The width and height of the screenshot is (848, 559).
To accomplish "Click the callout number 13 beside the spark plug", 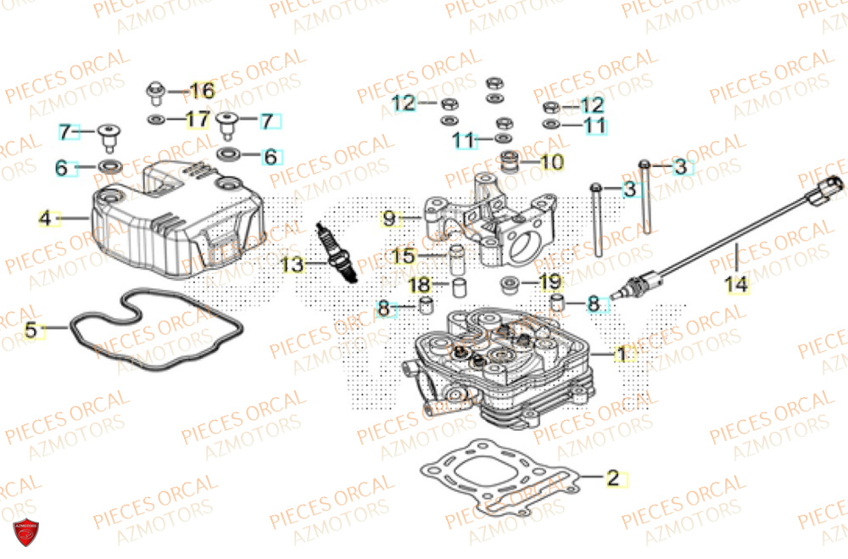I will point(292,266).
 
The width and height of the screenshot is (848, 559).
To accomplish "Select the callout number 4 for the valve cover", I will point(45,219).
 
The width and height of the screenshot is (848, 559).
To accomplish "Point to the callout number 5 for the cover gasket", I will point(31,331).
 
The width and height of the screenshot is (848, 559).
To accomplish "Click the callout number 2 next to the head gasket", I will point(612,478).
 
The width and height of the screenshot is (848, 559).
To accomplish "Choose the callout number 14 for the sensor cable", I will point(737,285).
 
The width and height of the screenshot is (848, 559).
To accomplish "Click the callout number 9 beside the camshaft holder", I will point(388,219).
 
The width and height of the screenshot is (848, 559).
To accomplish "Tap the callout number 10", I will point(550,161).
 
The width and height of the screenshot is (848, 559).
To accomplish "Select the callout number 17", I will point(197,120).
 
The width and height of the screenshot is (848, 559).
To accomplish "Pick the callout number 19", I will point(550,281).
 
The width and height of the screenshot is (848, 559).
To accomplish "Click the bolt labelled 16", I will point(154,89).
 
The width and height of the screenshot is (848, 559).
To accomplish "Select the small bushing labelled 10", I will point(510,161).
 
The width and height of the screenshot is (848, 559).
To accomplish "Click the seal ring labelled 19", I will point(512,282).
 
